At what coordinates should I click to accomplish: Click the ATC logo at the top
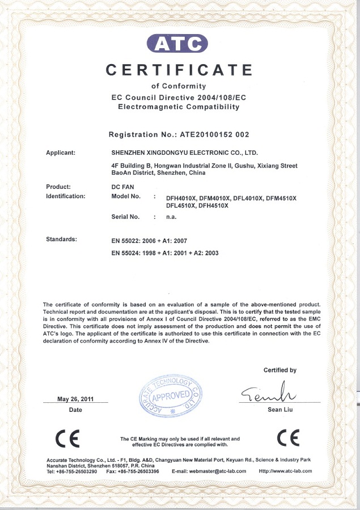tap(177, 43)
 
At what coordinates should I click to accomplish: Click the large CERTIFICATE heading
tap(180, 70)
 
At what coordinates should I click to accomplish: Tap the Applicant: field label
tap(65, 153)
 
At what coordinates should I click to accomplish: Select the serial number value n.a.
tap(171, 217)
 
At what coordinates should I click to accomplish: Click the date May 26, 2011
tap(75, 399)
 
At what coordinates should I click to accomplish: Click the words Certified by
tap(279, 370)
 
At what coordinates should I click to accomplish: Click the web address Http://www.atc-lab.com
tap(285, 471)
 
